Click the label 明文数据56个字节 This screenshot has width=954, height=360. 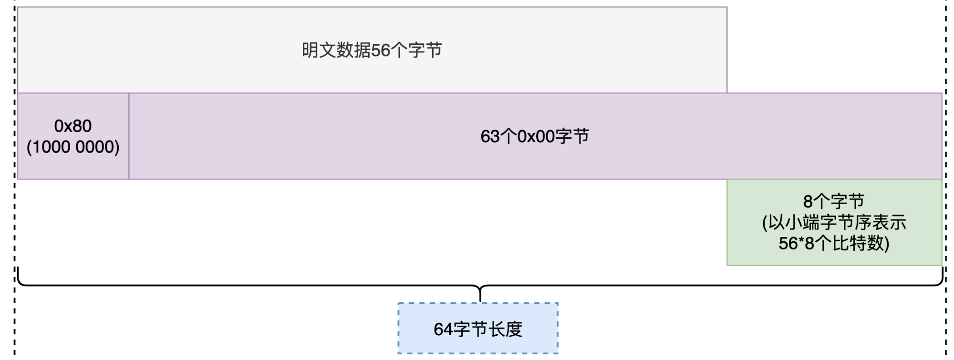pos(372,50)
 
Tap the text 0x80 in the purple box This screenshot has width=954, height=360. pos(73,126)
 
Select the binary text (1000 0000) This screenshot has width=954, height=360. pos(73,147)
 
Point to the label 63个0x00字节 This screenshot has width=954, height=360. pos(535,136)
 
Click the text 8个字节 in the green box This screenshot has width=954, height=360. pos(834,201)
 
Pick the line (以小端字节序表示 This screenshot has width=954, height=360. pos(834,222)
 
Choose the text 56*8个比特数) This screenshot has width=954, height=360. pos(834,243)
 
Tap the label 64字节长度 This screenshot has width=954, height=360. pos(478,329)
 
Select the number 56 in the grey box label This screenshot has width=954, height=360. pos(381,50)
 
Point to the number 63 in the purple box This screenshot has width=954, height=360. pos(490,136)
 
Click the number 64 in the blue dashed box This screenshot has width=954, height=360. pos(443,329)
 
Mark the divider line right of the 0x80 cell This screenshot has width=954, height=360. pos(129,136)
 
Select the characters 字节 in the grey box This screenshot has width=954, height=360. pos(425,50)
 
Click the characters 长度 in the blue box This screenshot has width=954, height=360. pos(506,329)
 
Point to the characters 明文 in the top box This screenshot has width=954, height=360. pos(319,50)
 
